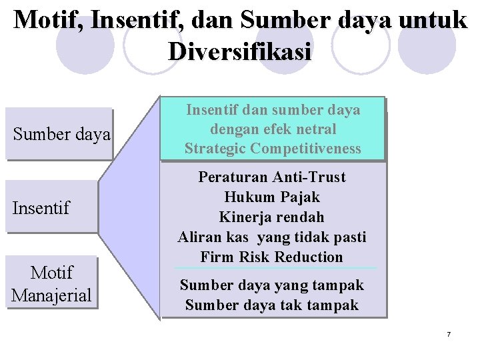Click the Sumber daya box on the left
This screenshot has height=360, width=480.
point(60,134)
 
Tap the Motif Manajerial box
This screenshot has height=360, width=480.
point(51,283)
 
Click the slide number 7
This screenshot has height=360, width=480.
point(449,333)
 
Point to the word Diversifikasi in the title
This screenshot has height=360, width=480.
point(240,51)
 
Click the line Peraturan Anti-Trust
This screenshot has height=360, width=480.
point(272,177)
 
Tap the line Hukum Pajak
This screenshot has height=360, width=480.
point(272,197)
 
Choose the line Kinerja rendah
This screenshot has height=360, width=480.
point(272,217)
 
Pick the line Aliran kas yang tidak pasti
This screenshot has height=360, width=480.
point(272,237)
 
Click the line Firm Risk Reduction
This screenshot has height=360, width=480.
point(272,257)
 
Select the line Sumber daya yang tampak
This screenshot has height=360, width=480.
point(272,285)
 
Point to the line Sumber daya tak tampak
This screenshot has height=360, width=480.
point(272,305)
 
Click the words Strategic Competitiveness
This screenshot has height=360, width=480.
point(273,149)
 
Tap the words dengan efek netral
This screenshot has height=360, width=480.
point(273,129)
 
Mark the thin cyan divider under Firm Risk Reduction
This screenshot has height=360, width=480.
point(275,268)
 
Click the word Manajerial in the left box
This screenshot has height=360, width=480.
point(51,295)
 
